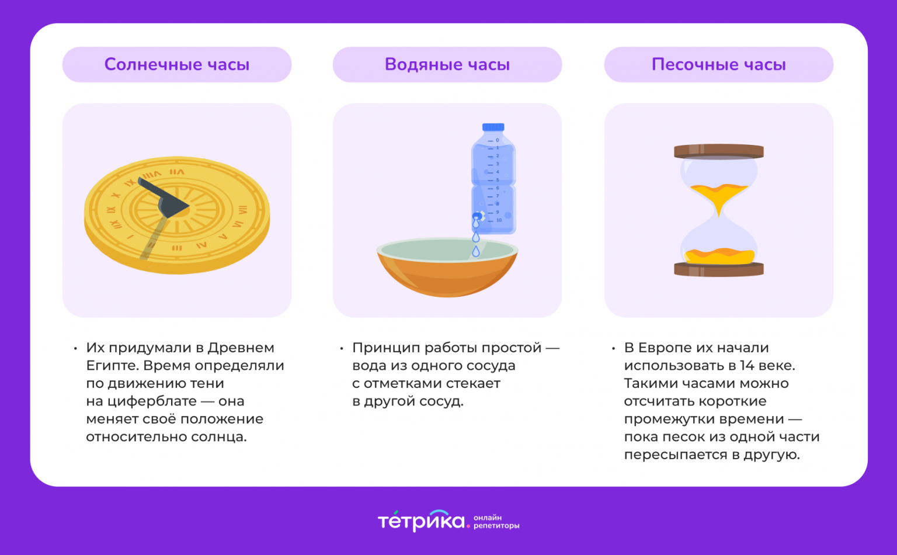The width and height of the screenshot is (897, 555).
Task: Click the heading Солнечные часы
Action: pos(176,64)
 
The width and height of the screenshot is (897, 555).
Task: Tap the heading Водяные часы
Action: pos(447,64)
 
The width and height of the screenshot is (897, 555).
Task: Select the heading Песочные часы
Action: pos(718,64)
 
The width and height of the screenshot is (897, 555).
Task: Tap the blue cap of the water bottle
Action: pos(493,127)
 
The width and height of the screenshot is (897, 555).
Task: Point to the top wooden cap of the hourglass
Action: pos(719,151)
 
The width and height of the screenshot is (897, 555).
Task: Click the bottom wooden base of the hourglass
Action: pos(719,269)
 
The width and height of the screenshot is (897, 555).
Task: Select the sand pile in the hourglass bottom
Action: pos(719,256)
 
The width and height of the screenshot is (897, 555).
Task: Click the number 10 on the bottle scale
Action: pos(499,220)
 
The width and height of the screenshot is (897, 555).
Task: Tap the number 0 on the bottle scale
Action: pos(498,140)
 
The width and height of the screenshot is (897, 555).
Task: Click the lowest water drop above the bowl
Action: pos(476,251)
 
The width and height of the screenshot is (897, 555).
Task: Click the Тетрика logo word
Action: pos(421,521)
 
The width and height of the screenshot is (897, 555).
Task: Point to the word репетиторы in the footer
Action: pos(496,526)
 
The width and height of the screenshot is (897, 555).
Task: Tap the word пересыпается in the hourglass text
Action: pos(676,455)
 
